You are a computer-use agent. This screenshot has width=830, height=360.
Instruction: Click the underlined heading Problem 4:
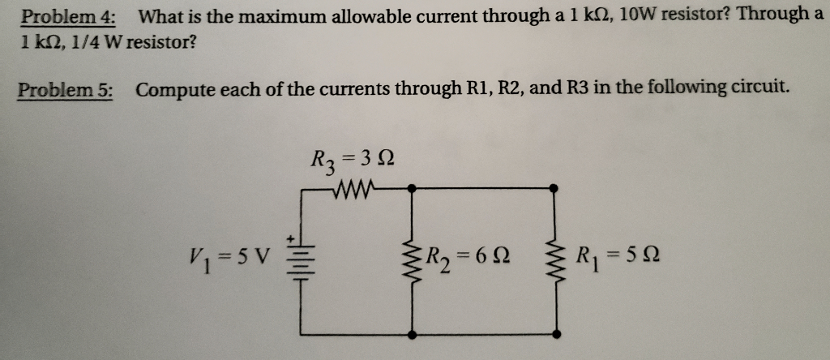point(68,17)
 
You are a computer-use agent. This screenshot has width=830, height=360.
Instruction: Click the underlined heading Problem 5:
point(66,89)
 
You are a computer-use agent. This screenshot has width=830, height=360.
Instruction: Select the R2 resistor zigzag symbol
point(412,261)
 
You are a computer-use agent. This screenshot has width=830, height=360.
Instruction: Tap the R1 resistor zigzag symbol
point(555,261)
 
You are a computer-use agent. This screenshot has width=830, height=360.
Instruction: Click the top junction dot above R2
point(412,188)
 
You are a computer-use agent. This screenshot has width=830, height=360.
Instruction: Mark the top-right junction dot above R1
point(554,188)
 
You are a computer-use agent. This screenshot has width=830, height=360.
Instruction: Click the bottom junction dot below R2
point(412,334)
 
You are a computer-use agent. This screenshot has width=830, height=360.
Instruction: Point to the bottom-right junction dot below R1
point(555,334)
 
